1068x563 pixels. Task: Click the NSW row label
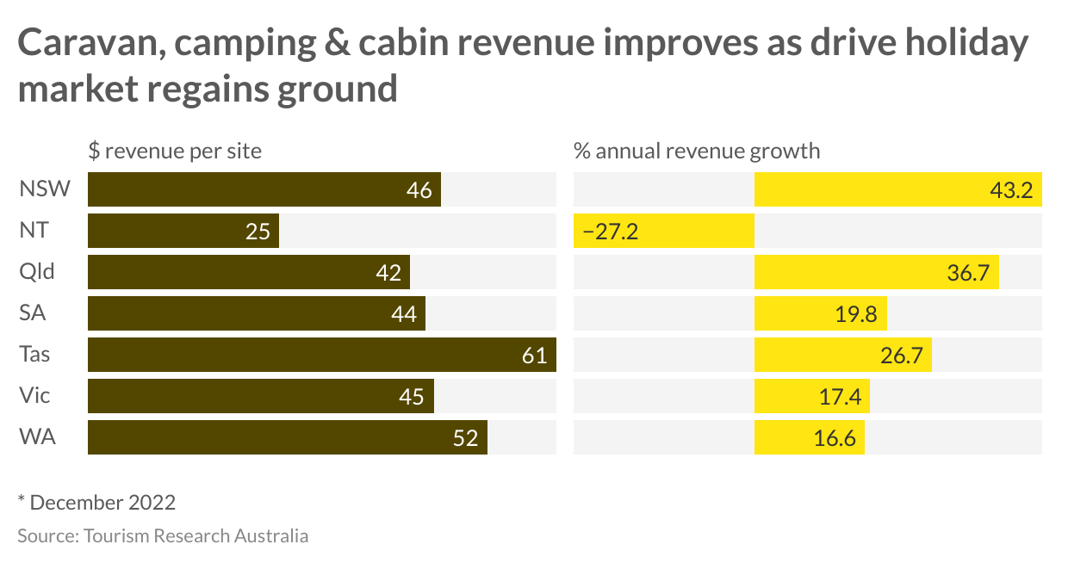(x=44, y=189)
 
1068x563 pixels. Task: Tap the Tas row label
(x=34, y=355)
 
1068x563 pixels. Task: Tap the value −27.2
(x=610, y=232)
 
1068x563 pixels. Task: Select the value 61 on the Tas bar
(x=534, y=356)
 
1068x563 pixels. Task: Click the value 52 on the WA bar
(x=465, y=438)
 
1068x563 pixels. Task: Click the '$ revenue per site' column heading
(x=175, y=152)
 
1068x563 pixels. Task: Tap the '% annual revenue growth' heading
(x=697, y=152)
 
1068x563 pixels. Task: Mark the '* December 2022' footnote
(x=96, y=502)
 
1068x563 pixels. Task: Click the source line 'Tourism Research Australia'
(x=163, y=535)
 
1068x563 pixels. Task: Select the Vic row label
(x=34, y=396)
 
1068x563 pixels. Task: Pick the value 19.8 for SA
(x=855, y=314)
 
